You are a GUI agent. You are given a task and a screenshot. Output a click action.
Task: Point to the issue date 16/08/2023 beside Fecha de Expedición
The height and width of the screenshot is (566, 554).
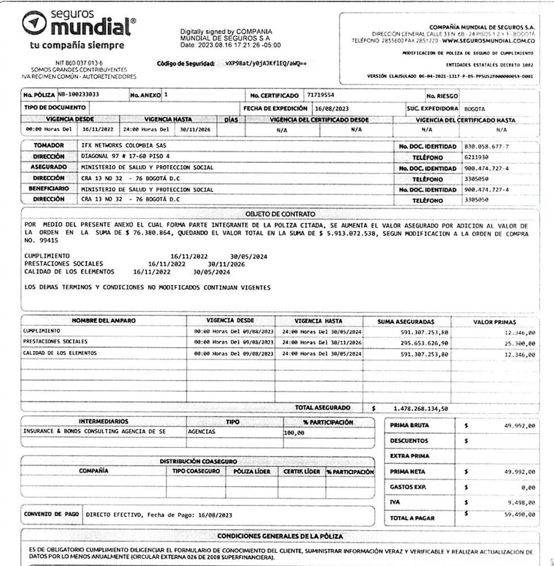pyautogui.click(x=330, y=108)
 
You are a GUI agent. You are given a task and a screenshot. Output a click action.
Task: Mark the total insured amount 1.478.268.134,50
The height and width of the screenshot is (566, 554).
pyautogui.click(x=421, y=408)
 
